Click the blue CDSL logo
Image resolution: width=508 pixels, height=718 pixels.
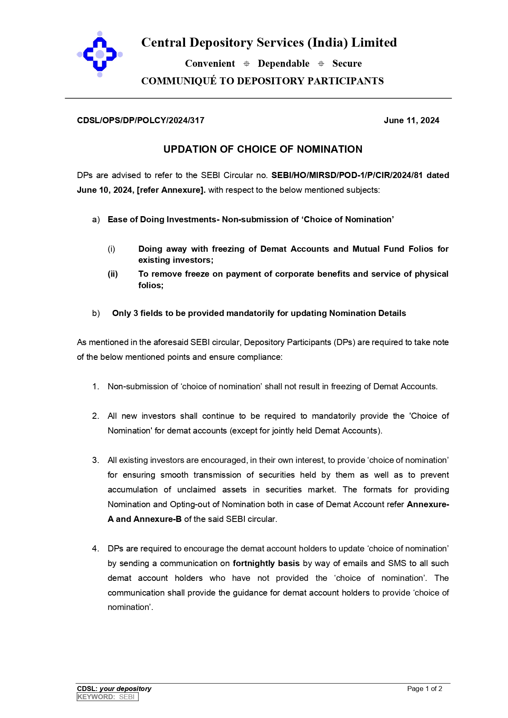point(99,54)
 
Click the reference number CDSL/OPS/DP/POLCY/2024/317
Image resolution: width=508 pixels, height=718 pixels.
point(140,120)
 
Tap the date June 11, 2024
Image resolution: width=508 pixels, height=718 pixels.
point(411,120)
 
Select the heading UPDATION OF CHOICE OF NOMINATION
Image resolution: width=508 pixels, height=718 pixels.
point(263,149)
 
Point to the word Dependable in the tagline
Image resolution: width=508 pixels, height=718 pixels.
point(283,64)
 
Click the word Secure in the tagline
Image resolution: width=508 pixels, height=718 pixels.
point(347,64)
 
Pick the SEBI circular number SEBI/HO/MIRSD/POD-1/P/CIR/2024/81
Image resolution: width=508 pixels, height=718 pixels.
point(347,175)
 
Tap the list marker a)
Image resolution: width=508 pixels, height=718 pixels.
point(96,219)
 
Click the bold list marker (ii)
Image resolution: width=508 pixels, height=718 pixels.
point(113,274)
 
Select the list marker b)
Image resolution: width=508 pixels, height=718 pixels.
point(96,313)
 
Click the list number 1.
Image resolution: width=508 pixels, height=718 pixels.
point(95,386)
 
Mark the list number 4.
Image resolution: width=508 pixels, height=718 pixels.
point(95,549)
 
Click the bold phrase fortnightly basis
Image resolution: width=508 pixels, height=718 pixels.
point(266,563)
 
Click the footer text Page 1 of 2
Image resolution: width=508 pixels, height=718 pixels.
point(424,689)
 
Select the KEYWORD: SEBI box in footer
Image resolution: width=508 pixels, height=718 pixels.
point(108,697)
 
